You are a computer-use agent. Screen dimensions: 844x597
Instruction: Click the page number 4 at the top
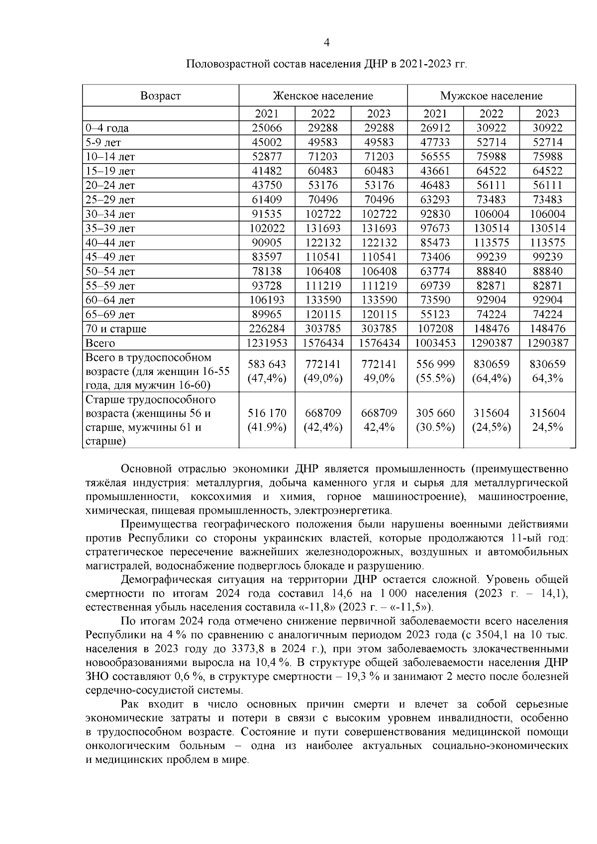point(326,43)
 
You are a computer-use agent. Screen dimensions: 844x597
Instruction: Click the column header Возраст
point(160,95)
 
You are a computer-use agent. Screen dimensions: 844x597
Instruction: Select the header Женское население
point(323,95)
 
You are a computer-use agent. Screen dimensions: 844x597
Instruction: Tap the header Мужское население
point(491,95)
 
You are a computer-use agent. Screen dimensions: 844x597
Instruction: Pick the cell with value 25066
point(267,128)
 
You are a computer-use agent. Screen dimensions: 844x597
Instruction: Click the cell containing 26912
point(435,128)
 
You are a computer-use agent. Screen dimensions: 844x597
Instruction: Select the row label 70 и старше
point(116,329)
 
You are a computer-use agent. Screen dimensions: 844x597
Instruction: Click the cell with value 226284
point(267,329)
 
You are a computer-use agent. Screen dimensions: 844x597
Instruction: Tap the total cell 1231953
point(267,343)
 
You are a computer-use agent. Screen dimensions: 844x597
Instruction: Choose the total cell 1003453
point(435,343)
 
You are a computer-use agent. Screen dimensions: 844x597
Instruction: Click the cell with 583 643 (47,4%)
point(267,371)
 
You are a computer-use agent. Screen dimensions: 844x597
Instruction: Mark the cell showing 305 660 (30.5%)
point(435,420)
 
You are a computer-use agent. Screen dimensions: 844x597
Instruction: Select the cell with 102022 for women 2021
point(267,228)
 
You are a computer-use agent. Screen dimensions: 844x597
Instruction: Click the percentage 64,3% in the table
point(547,378)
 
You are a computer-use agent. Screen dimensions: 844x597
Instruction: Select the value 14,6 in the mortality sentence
point(359,593)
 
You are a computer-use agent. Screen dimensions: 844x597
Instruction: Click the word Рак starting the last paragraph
point(131,705)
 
